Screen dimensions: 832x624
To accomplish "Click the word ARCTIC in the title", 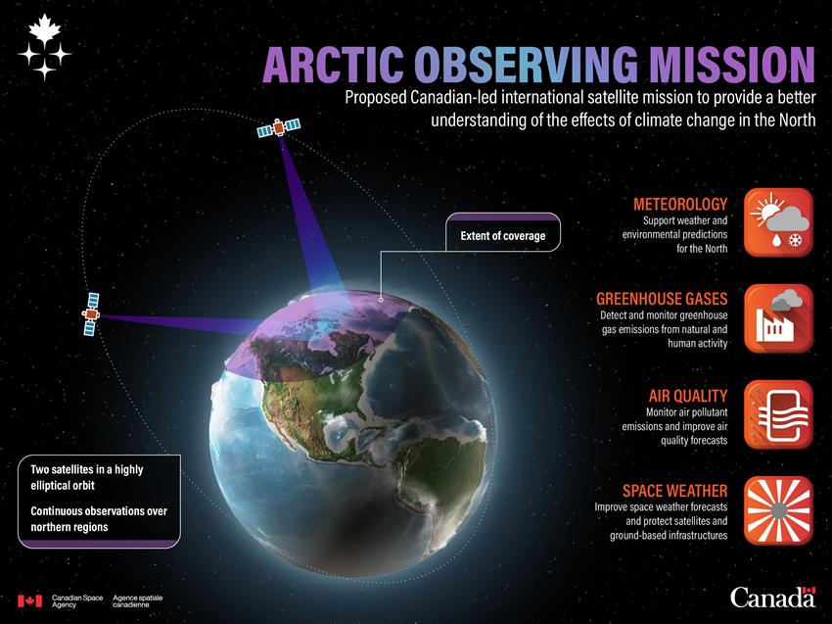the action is click(x=333, y=65).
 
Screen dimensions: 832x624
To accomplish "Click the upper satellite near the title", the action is click(x=279, y=128).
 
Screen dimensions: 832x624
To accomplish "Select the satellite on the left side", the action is click(x=91, y=313).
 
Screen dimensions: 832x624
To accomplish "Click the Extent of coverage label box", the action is click(x=503, y=232).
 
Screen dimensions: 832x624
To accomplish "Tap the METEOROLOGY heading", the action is click(x=680, y=204).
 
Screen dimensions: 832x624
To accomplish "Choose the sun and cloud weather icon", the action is click(x=778, y=222).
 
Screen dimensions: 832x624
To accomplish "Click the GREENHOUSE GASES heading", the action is click(x=662, y=299).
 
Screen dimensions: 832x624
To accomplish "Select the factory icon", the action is click(x=778, y=318).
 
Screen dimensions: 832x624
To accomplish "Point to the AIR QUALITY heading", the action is click(x=688, y=396).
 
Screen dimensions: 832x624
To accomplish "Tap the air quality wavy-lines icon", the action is click(x=778, y=414).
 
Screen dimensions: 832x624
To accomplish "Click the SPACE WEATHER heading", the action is click(x=675, y=491).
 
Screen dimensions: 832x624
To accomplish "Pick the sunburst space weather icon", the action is click(x=778, y=510).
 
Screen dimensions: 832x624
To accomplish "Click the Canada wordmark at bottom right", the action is click(x=772, y=597).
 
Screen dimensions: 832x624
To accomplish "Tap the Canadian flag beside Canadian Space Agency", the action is click(x=29, y=600).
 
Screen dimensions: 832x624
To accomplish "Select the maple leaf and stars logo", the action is click(x=45, y=48).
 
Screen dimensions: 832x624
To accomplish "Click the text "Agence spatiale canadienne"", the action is click(x=137, y=601).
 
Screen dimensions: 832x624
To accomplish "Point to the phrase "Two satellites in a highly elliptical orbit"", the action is click(x=86, y=477).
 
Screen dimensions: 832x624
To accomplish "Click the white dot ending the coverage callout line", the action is click(x=381, y=300).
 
